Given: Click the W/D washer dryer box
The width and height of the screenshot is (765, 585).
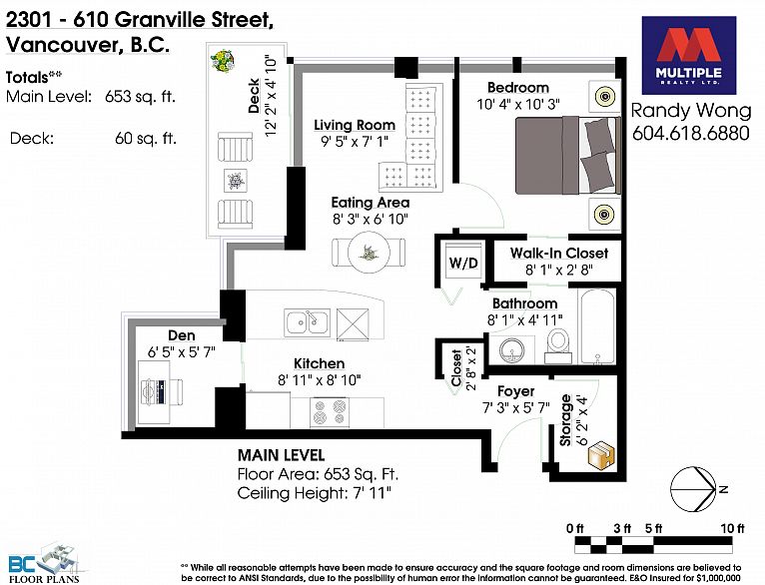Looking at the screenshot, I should click(x=461, y=263).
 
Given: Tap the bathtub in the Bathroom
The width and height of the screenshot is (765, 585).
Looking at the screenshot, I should click(x=597, y=325).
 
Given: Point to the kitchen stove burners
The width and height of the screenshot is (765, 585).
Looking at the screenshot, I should click(x=331, y=408).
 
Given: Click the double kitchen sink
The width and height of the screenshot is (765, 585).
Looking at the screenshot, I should click(x=306, y=321).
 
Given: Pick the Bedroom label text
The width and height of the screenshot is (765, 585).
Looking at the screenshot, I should click(x=518, y=88).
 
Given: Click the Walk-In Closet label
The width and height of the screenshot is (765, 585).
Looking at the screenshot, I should click(x=558, y=253).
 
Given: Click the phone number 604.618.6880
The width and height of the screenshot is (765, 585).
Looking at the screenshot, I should click(x=690, y=134).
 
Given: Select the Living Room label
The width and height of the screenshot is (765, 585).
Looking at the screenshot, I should click(x=355, y=125).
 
